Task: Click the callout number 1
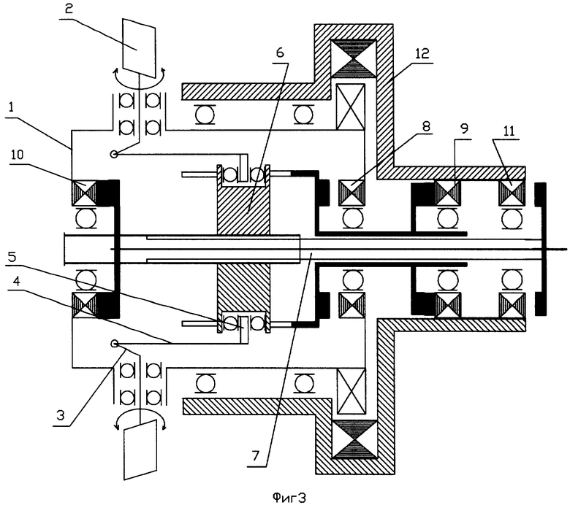11,109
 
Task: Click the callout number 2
69,8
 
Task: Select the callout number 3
61,415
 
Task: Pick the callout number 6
279,53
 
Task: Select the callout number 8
426,126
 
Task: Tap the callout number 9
464,128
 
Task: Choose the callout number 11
509,131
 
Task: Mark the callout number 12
422,53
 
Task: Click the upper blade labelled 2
140,47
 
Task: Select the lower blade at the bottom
141,450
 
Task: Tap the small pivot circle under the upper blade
114,155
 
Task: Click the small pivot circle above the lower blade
114,344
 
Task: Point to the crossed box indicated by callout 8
351,193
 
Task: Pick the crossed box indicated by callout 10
85,193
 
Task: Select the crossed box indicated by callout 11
512,193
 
